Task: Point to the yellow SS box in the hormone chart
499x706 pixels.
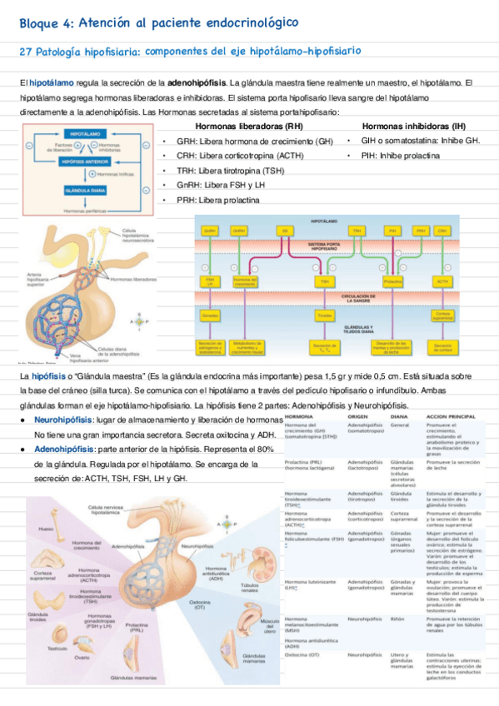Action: point(286,230)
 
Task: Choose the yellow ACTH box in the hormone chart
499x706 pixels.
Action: point(442,282)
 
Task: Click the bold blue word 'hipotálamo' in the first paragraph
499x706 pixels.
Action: point(50,83)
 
